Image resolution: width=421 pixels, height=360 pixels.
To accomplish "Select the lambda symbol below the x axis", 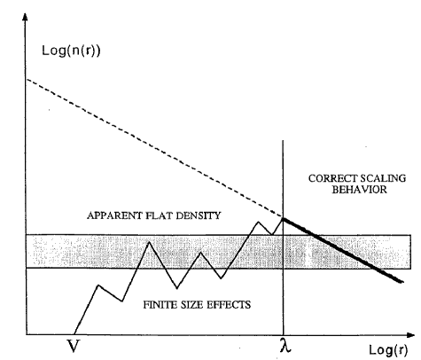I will (x=284, y=346).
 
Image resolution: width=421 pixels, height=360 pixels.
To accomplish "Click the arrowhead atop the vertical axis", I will (x=26, y=14).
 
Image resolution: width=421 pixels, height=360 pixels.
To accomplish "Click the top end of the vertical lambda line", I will (x=284, y=139).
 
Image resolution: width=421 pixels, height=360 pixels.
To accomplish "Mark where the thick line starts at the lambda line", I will (x=284, y=217).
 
